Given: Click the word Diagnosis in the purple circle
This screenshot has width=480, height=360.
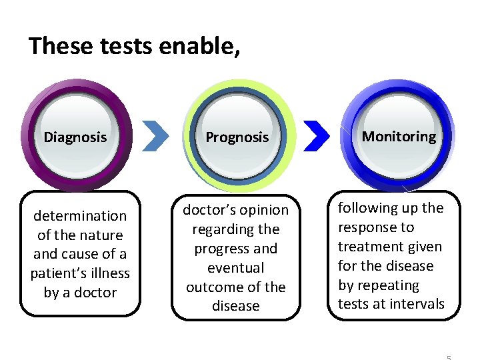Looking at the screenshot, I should tap(75, 137).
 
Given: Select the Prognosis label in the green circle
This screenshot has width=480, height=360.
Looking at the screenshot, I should tap(237, 137).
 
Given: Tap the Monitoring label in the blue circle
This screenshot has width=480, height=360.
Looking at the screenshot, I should tap(399, 137).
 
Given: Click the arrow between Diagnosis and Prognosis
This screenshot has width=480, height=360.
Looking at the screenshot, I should tap(157, 136).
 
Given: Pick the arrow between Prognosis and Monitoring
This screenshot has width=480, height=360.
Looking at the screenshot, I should tap(317, 136).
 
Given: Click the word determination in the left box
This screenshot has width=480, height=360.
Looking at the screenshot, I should tap(80, 216).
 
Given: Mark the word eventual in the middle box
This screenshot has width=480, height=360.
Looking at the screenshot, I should tap(236, 268).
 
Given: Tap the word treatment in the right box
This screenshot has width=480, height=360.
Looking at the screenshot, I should tap(371, 247).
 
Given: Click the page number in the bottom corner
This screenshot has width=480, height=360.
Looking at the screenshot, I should tap(449, 357).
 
